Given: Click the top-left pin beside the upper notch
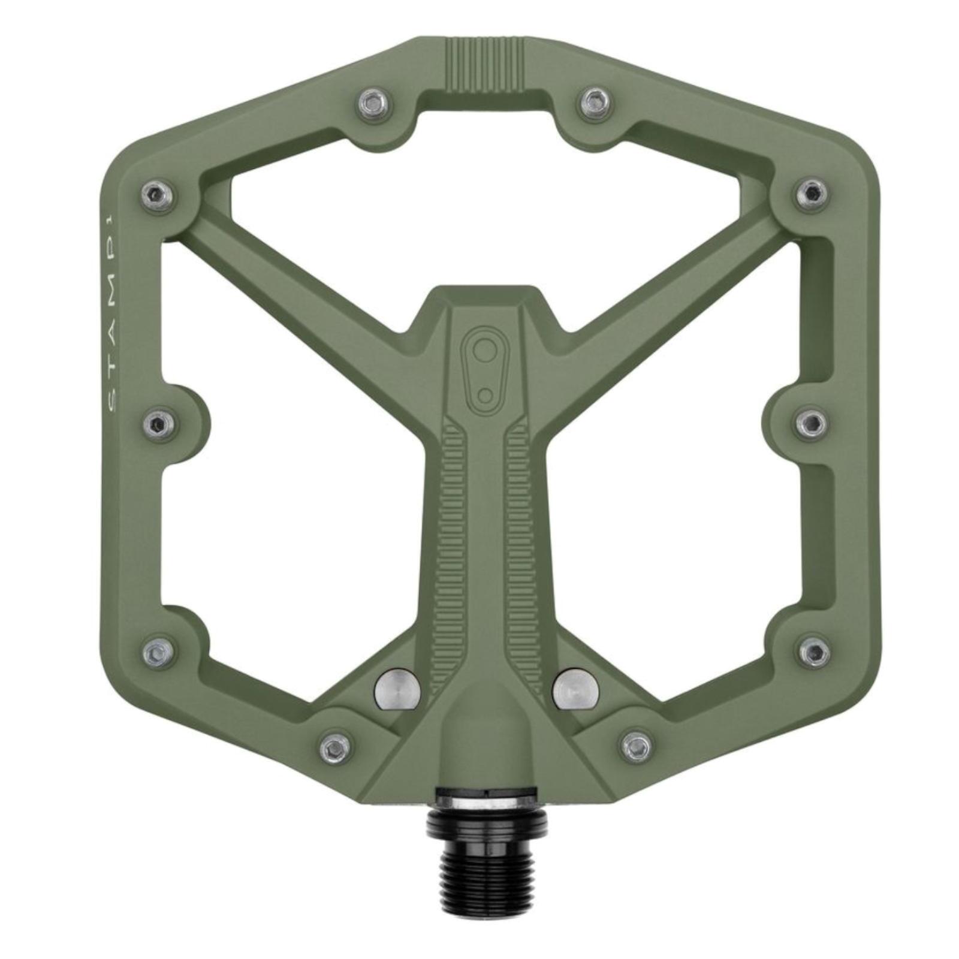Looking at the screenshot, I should point(373,105).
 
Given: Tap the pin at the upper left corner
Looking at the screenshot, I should point(159,193).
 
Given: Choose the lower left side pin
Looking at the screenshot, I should point(159,650).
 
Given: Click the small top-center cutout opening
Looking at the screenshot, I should point(484,129).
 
